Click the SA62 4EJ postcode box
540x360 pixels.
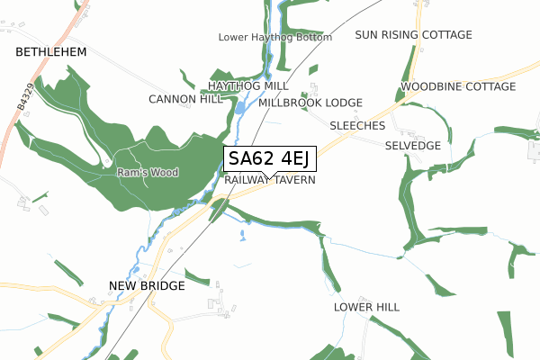pos(268,159)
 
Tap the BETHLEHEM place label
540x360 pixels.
pos(51,53)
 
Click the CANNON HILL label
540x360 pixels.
pos(185,99)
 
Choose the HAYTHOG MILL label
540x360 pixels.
pos(248,85)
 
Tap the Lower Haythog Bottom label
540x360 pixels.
pos(275,38)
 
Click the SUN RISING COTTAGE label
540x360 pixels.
pos(413,35)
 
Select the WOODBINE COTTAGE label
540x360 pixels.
pos(458,86)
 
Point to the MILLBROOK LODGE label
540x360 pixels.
pos(310,103)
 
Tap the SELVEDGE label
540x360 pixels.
pos(412,145)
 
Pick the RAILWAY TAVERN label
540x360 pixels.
pos(270,180)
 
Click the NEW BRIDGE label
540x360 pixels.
pos(146,285)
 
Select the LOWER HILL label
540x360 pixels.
pos(366,307)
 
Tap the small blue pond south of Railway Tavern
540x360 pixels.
pos(242,238)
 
